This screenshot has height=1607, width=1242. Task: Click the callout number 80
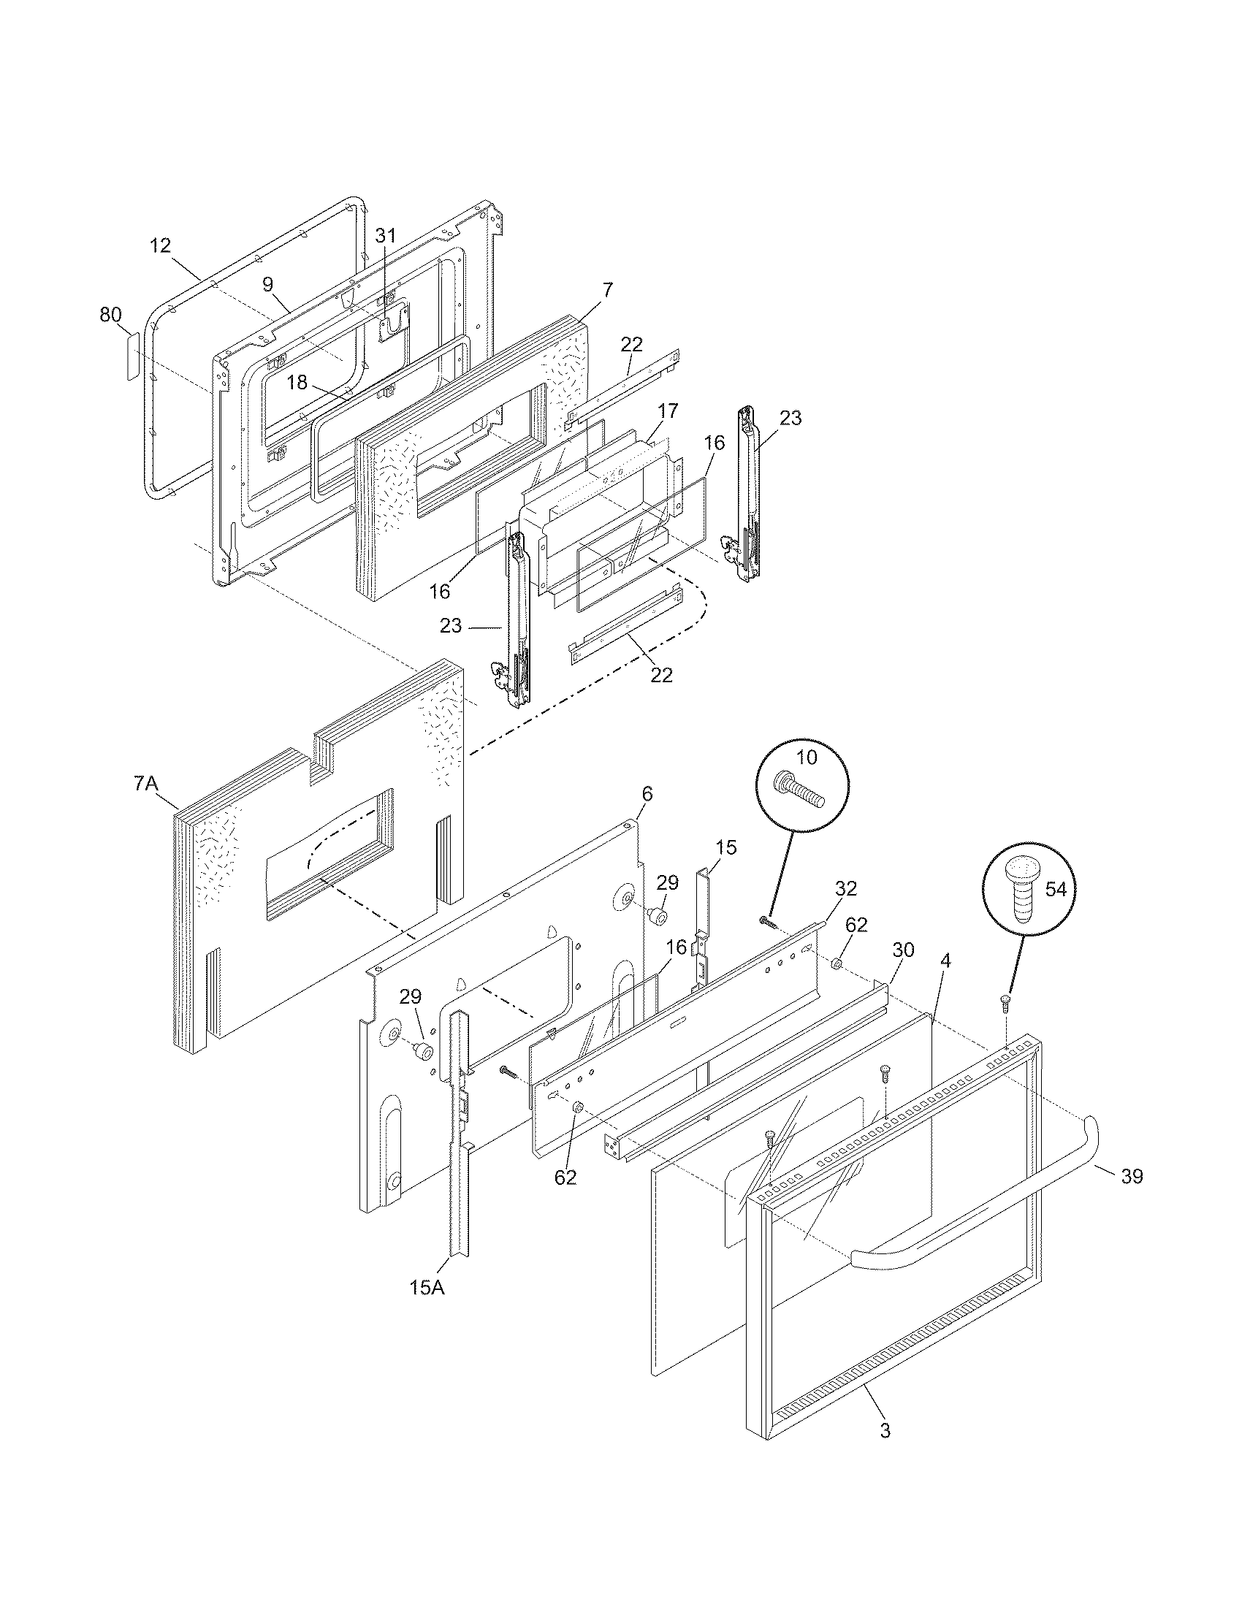(x=110, y=315)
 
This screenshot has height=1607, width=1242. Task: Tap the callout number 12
(x=161, y=245)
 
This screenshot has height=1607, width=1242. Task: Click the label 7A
(x=146, y=785)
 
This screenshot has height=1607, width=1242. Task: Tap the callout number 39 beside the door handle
(x=1132, y=1177)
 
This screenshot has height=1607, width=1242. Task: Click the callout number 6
(x=647, y=794)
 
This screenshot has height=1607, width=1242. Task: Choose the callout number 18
(x=297, y=383)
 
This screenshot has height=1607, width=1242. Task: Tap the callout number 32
(x=846, y=888)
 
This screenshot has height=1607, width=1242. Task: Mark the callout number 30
(x=903, y=950)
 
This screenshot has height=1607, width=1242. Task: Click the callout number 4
(x=945, y=961)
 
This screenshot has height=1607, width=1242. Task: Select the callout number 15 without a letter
(x=725, y=847)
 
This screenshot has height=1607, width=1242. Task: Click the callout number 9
(x=268, y=283)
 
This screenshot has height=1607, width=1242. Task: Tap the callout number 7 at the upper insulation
(x=607, y=290)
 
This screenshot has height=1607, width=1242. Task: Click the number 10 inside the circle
(x=807, y=757)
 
